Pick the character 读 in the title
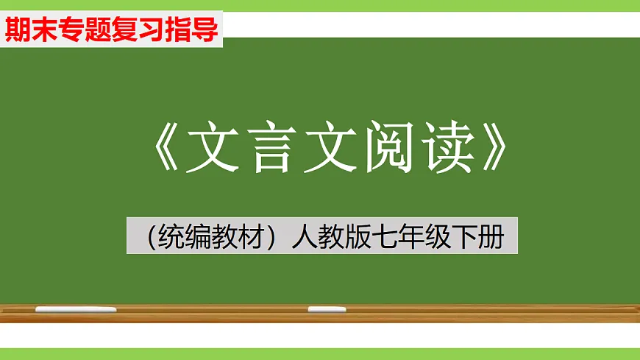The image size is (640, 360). click(x=444, y=149)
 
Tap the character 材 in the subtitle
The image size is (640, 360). click(x=250, y=238)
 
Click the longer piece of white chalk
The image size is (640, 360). click(x=76, y=310)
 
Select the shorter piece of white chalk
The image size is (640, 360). click(x=327, y=310)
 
